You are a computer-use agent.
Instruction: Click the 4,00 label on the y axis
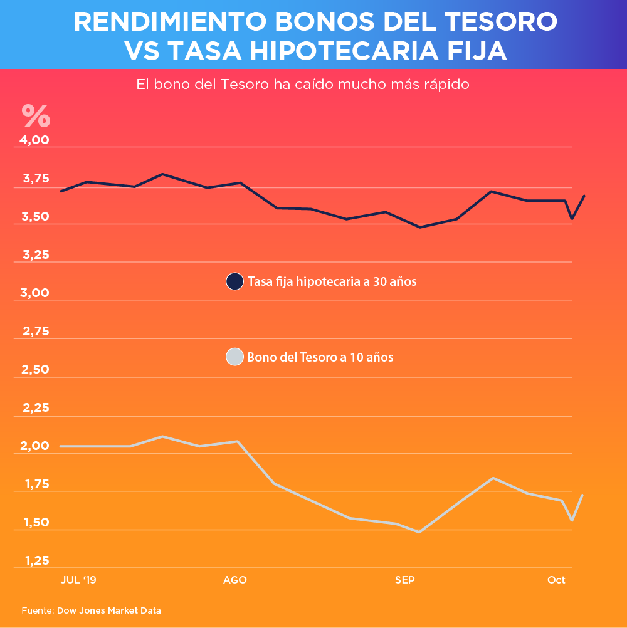pyautogui.click(x=36, y=140)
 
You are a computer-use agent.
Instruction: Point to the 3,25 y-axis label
pyautogui.click(x=36, y=255)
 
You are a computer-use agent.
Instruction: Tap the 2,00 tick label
pyautogui.click(x=36, y=446)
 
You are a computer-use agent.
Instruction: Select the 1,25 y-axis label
pyautogui.click(x=36, y=560)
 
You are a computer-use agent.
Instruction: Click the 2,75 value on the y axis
pyautogui.click(x=36, y=332)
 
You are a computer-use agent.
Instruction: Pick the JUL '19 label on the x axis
pyautogui.click(x=78, y=580)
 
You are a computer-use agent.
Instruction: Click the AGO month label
pyautogui.click(x=235, y=580)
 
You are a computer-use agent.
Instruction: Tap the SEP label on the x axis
pyautogui.click(x=405, y=580)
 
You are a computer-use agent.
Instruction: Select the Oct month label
pyautogui.click(x=556, y=580)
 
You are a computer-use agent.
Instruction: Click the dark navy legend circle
pyautogui.click(x=234, y=281)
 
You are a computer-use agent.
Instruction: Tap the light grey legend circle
pyautogui.click(x=234, y=357)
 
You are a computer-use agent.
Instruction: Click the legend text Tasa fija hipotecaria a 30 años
pyautogui.click(x=332, y=281)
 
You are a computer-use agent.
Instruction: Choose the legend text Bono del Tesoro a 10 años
pyautogui.click(x=320, y=358)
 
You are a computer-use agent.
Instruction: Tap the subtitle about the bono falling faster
pyautogui.click(x=303, y=84)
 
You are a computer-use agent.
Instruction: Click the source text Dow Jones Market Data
pyautogui.click(x=109, y=610)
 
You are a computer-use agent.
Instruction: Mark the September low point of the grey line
pyautogui.click(x=419, y=532)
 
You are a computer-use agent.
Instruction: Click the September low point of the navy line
pyautogui.click(x=420, y=227)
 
